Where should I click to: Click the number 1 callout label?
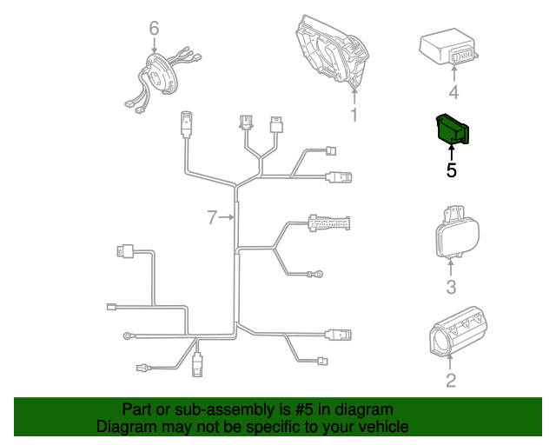(354, 115)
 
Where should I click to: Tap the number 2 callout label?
(450, 380)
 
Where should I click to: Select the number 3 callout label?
(451, 288)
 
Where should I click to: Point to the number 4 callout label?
(453, 93)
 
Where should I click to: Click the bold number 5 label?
(451, 170)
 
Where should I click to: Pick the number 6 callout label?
(154, 30)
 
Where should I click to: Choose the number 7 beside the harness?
(212, 217)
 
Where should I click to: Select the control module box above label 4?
(448, 49)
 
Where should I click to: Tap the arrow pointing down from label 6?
(154, 45)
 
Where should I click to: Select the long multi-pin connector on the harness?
(328, 222)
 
